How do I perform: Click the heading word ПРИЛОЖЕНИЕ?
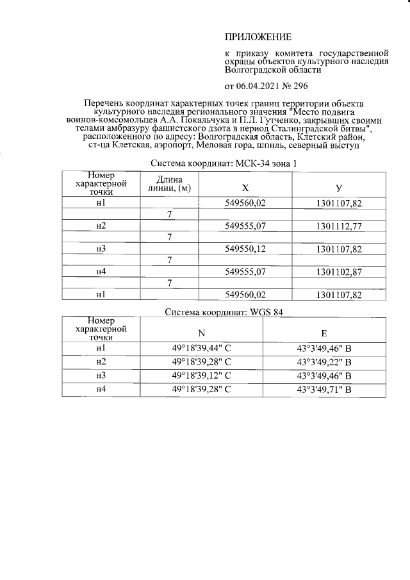[x=258, y=37]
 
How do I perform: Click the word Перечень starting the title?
[x=107, y=103]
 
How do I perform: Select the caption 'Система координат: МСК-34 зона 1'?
[x=223, y=163]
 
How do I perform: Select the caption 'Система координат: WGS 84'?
[x=223, y=312]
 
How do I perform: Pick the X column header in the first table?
[x=245, y=188]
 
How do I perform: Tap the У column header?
[x=338, y=188]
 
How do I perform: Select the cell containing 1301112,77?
[x=339, y=226]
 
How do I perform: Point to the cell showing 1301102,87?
[x=339, y=272]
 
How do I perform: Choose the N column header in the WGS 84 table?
[x=202, y=333]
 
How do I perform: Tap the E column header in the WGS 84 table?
[x=324, y=333]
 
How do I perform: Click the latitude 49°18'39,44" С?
[x=202, y=348]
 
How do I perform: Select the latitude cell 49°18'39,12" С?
[x=202, y=376]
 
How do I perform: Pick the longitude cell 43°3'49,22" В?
[x=324, y=362]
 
